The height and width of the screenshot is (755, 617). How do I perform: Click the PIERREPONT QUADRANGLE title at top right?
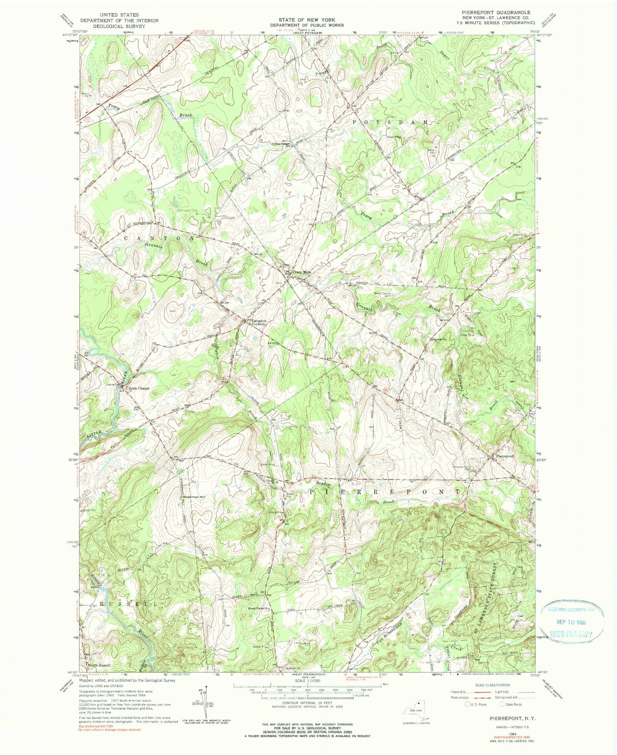coord(506,13)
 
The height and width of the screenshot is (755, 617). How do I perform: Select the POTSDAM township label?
coord(389,122)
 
